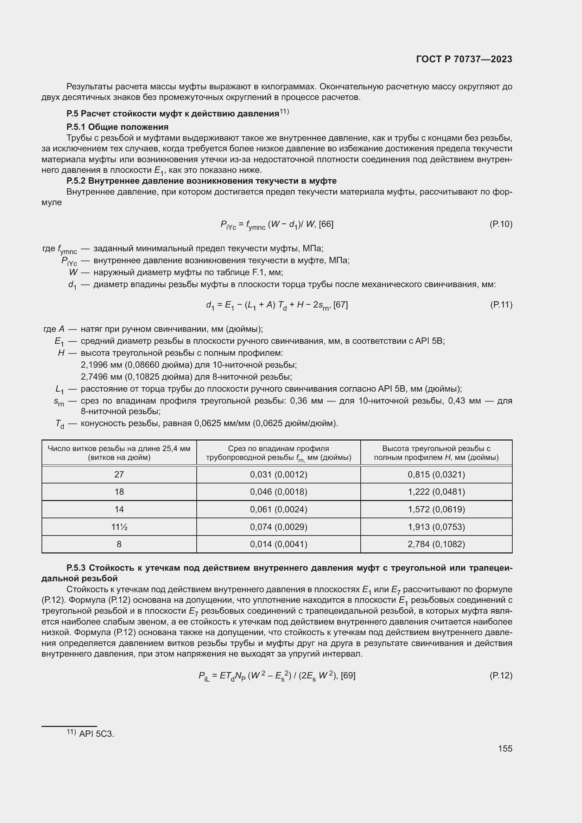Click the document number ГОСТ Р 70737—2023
point(464,59)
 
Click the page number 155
point(505,748)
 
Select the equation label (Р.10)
point(501,224)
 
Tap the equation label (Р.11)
point(501,305)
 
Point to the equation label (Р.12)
point(501,676)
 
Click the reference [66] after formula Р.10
point(326,224)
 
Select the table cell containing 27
point(119,475)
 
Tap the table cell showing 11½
point(119,527)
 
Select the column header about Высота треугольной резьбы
point(436,453)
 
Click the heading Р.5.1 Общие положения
point(117,127)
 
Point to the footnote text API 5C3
point(96,734)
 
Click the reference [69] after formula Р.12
point(348,676)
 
